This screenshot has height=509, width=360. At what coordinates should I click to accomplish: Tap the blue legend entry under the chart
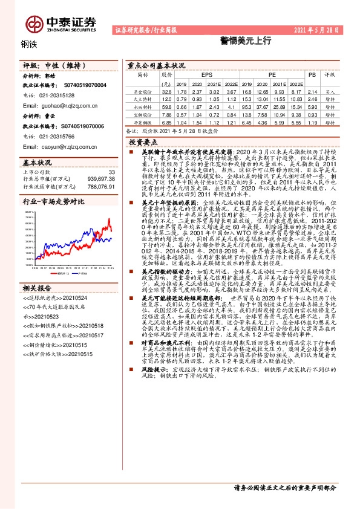pos(78,273)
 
